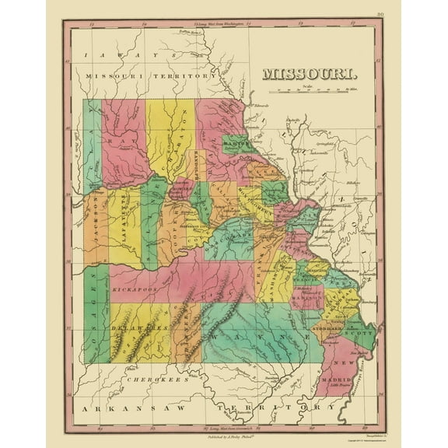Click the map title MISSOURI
point(310,75)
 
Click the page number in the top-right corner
point(380,14)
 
